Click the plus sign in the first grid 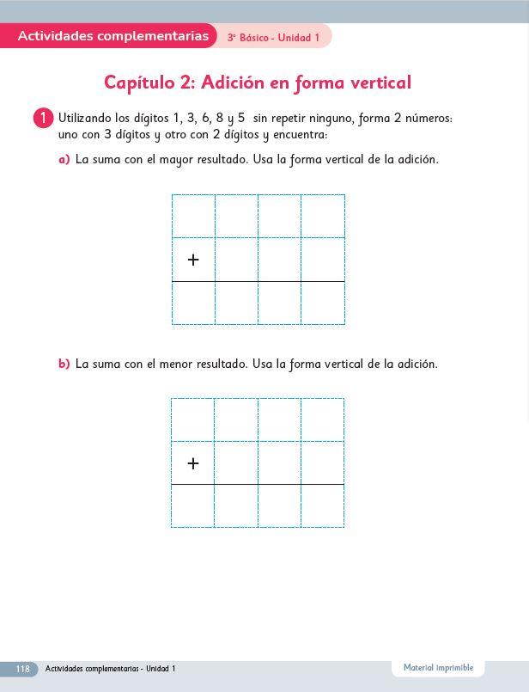[x=193, y=260]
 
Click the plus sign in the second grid [x=193, y=463]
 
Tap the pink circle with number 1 [x=44, y=118]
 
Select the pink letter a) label [x=64, y=160]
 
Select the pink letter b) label [x=64, y=364]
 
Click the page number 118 [x=22, y=669]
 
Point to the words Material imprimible [x=438, y=668]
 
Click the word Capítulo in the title [x=139, y=83]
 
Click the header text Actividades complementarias [x=112, y=36]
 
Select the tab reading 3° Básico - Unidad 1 [x=273, y=38]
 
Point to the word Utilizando [x=85, y=118]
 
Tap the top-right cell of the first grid [x=323, y=216]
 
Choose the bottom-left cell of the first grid [x=193, y=303]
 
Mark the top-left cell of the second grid [x=192, y=419]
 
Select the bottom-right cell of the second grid [x=322, y=505]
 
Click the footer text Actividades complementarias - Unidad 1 [x=110, y=669]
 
